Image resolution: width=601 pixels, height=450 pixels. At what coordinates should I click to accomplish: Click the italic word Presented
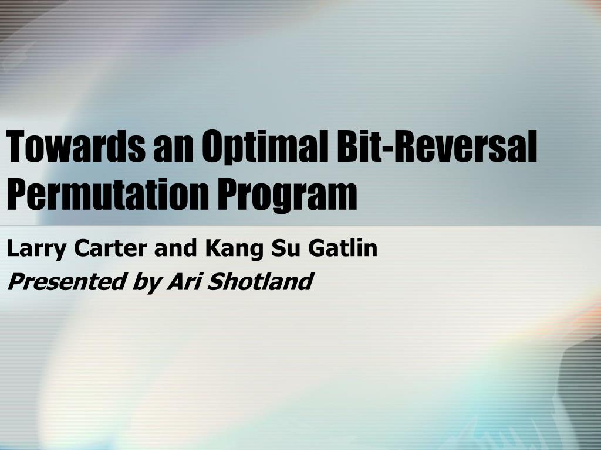tap(64, 282)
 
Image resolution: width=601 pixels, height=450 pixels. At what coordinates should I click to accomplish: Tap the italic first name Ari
tap(183, 281)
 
